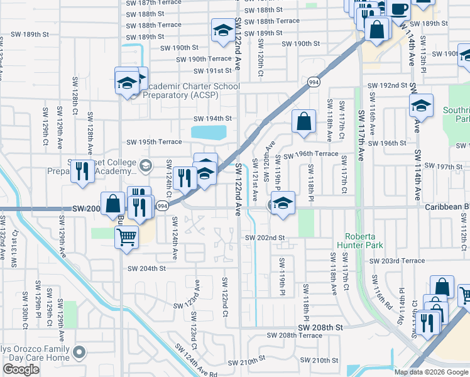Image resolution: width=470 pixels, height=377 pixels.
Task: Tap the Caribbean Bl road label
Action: point(447,207)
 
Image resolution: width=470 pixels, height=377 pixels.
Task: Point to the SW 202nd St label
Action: point(265,238)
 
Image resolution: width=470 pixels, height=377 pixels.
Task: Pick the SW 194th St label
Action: point(212,118)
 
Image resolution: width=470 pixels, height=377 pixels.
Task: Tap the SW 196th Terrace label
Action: point(310,155)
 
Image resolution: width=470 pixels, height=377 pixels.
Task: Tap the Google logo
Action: point(21,369)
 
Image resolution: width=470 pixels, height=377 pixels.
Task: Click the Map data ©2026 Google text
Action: point(430,371)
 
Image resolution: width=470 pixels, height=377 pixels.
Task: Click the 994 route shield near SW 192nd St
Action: point(312,82)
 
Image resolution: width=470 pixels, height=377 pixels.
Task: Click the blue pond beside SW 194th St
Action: point(208,132)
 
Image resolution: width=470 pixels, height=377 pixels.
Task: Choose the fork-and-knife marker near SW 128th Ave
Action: point(82,171)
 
